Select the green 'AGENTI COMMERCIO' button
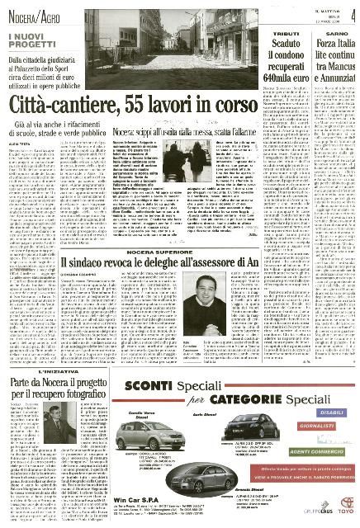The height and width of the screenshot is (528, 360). [313, 450]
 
